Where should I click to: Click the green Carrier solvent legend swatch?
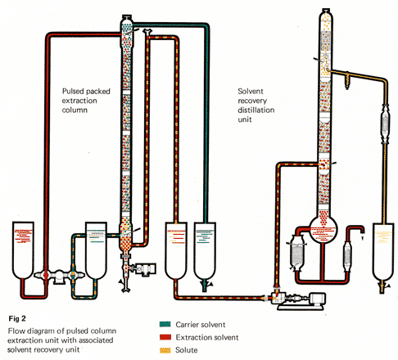tap(165, 324)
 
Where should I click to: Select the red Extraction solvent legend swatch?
tap(165, 337)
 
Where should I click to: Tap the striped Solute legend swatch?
tap(165, 350)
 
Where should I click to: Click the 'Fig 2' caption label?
tap(17, 318)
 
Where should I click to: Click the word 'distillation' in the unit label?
tap(256, 110)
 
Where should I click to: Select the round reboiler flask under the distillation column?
tap(323, 229)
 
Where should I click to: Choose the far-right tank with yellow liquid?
tap(383, 251)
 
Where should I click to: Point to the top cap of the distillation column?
tap(326, 11)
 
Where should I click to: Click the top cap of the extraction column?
tap(127, 17)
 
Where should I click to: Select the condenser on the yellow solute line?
tap(385, 123)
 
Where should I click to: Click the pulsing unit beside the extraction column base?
tap(145, 268)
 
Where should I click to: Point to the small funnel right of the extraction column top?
tap(147, 31)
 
